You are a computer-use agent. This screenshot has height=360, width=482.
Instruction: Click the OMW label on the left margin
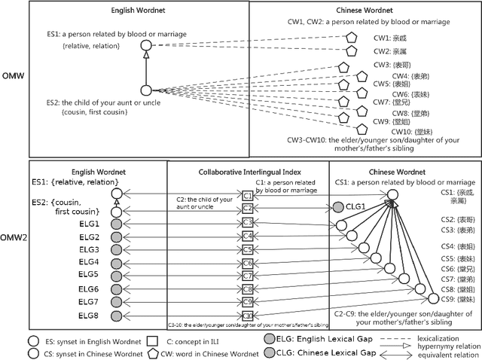click(x=11, y=77)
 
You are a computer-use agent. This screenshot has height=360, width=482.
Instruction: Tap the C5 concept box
click(x=247, y=250)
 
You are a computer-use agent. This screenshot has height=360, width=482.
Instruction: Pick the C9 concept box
click(x=247, y=303)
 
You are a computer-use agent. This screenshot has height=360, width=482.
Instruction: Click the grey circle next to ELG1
click(x=115, y=224)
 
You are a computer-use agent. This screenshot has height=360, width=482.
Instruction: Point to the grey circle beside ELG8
click(x=115, y=315)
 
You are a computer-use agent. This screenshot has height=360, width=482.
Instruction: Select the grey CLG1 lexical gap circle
click(x=338, y=207)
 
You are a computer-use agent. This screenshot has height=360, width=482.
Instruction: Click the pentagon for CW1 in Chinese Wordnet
click(x=350, y=38)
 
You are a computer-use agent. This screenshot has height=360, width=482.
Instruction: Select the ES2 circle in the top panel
click(x=147, y=90)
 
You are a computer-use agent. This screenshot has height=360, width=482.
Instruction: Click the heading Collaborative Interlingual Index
click(x=248, y=172)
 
